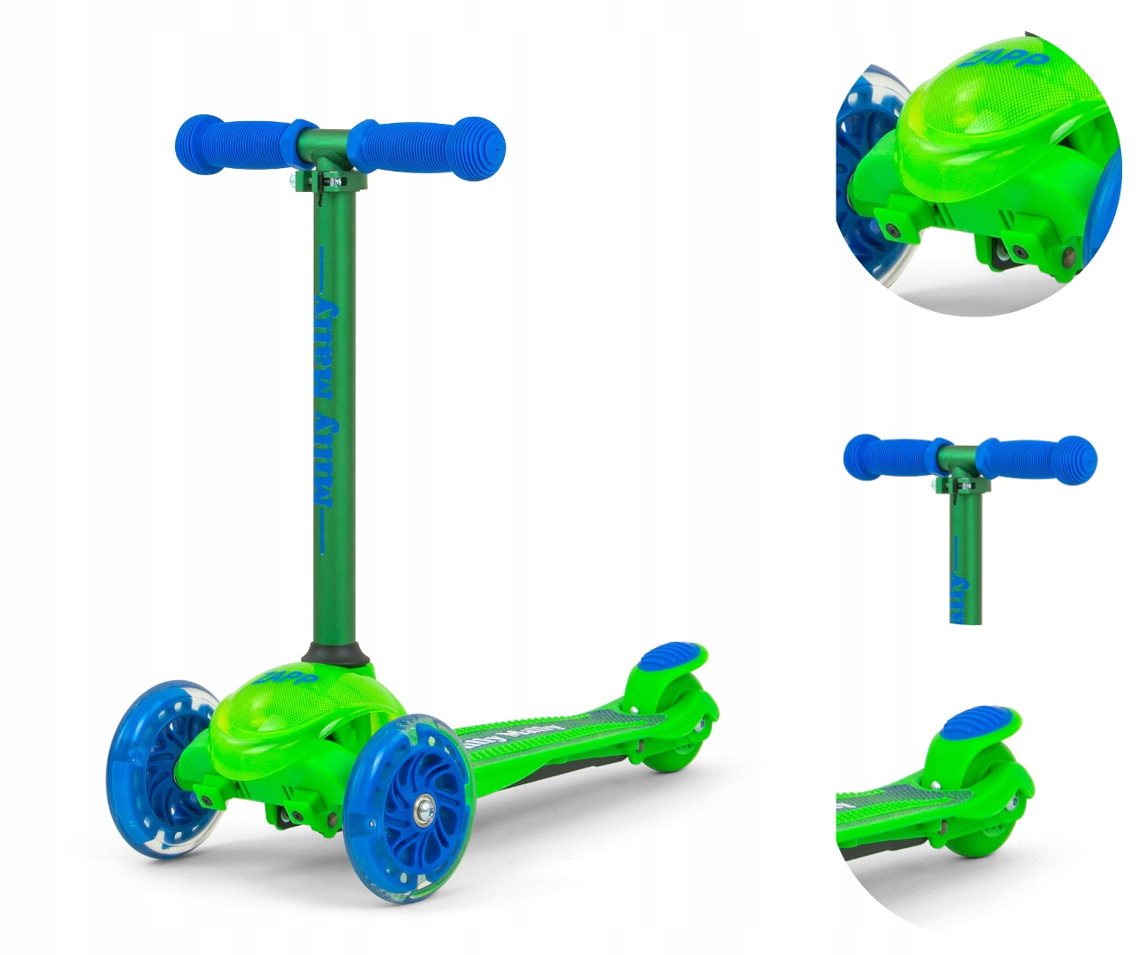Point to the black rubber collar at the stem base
pyautogui.click(x=337, y=655)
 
